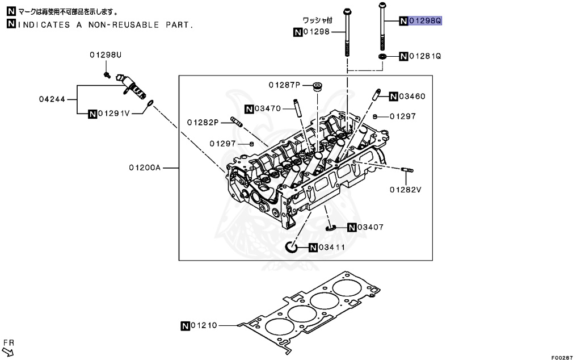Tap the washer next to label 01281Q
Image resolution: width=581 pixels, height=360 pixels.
pyautogui.click(x=383, y=57)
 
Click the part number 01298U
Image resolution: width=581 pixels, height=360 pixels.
pyautogui.click(x=105, y=55)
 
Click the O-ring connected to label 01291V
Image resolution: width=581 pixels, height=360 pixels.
pyautogui.click(x=150, y=103)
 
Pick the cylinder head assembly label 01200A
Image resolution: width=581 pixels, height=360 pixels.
pyautogui.click(x=145, y=168)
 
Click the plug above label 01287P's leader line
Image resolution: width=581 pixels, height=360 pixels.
pyautogui.click(x=318, y=87)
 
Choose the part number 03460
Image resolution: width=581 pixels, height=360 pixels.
pyautogui.click(x=411, y=96)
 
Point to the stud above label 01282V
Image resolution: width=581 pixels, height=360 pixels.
pyautogui.click(x=407, y=170)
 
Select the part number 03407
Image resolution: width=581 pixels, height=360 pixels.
pyautogui.click(x=371, y=227)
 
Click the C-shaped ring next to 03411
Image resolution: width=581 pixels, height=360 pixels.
pyautogui.click(x=291, y=247)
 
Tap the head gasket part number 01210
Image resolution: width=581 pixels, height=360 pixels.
pyautogui.click(x=204, y=325)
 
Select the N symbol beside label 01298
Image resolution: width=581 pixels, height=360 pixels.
pyautogui.click(x=298, y=32)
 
